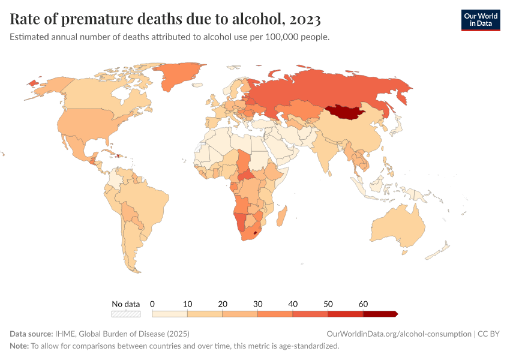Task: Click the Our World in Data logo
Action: click(480, 20)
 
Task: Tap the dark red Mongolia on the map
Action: click(348, 112)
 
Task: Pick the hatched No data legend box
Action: click(126, 314)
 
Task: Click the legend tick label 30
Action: click(257, 304)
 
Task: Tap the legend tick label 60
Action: click(362, 304)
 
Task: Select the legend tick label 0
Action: click(152, 304)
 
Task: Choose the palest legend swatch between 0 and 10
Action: click(170, 314)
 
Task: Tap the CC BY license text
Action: click(488, 334)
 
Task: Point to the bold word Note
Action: click(19, 346)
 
